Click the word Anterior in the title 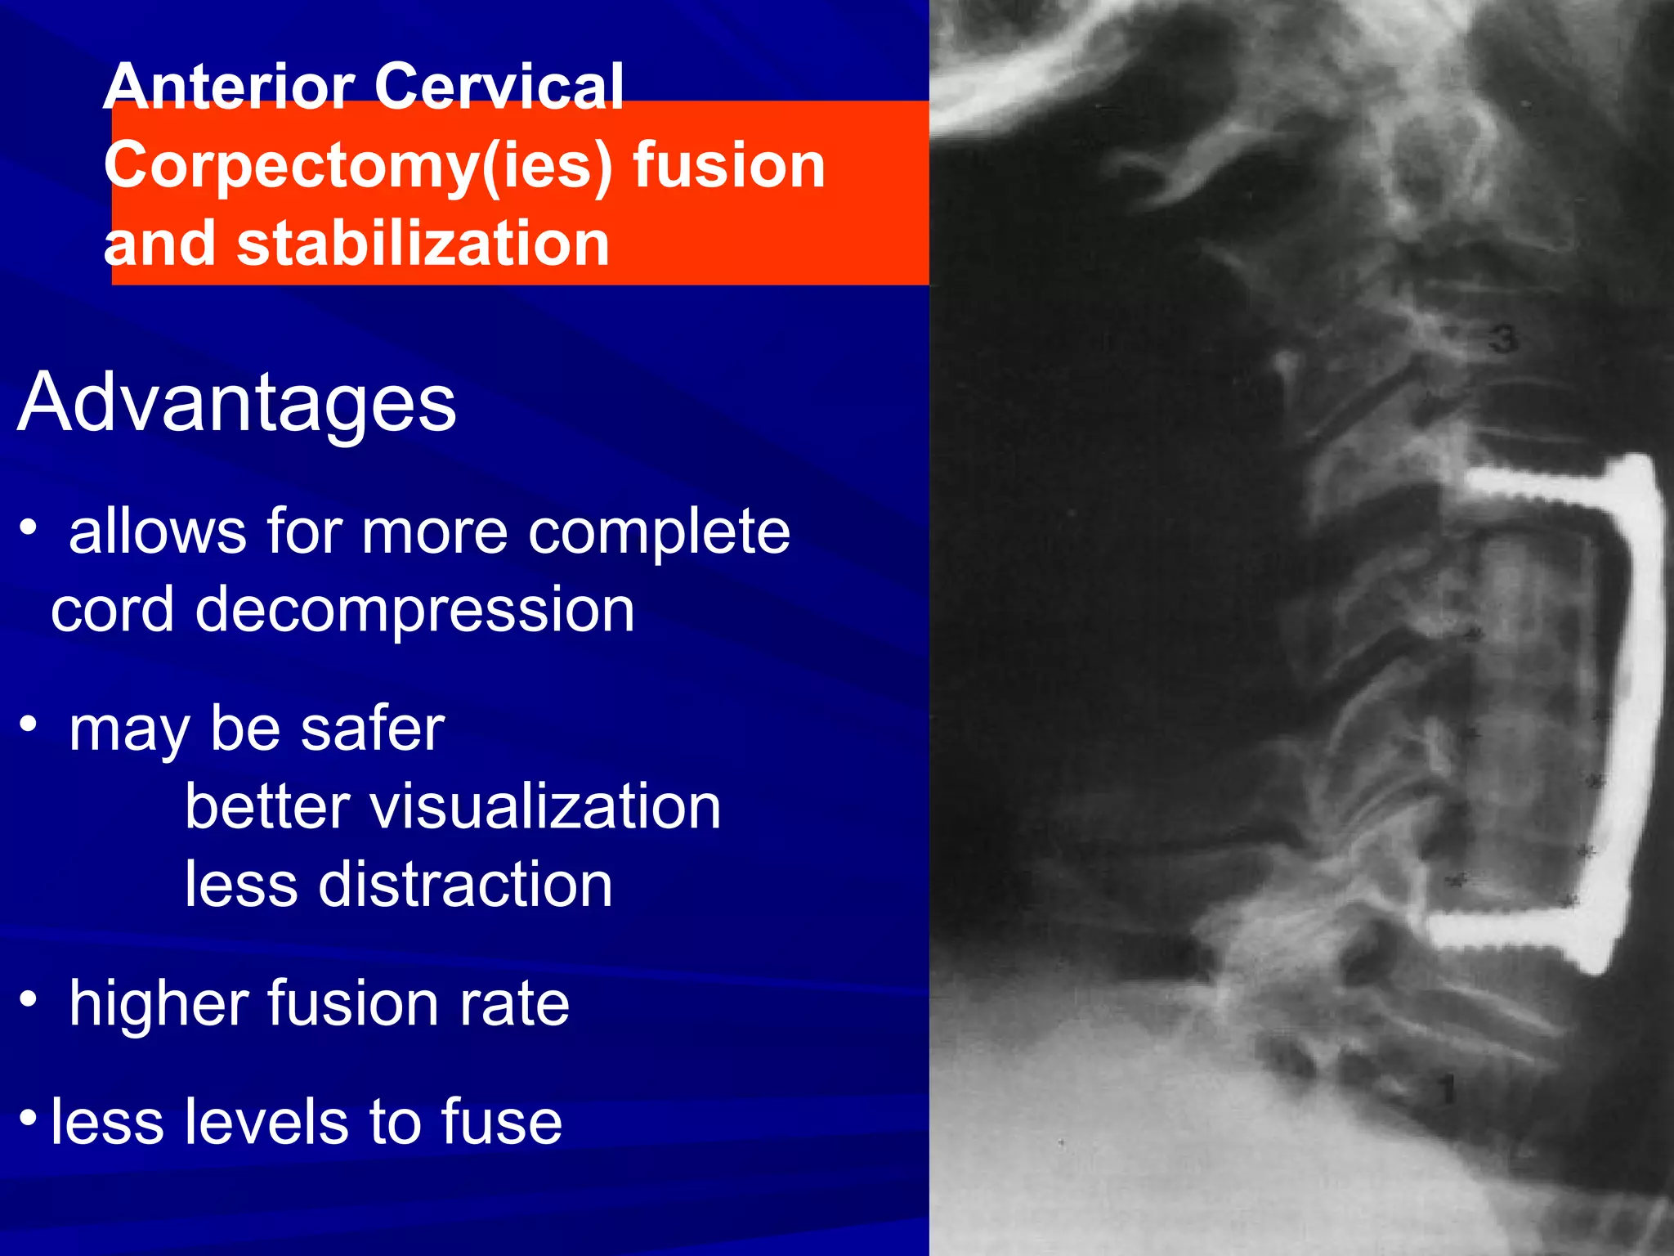(230, 87)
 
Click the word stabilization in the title (423, 244)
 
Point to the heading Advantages (236, 402)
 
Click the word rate (513, 1005)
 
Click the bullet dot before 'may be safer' (29, 724)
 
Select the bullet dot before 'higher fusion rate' (29, 999)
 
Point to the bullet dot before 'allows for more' (29, 527)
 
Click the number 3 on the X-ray (1503, 339)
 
